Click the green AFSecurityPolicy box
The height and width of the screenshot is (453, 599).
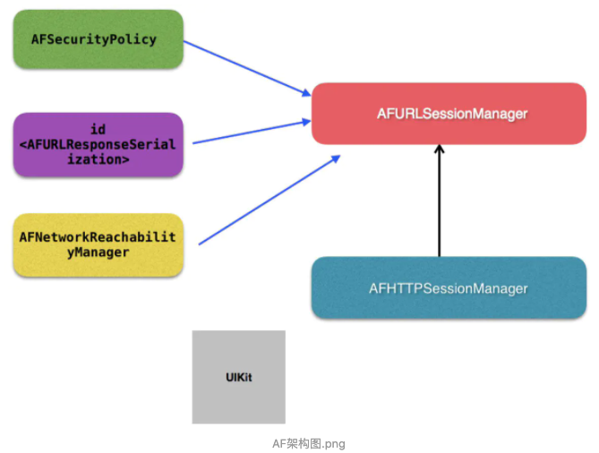click(98, 39)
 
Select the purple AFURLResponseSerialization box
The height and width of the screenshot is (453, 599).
click(98, 144)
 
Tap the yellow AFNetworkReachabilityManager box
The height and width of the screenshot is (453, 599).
click(98, 244)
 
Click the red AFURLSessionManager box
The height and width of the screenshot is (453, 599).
click(448, 114)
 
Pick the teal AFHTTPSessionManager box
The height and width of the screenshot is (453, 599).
click(448, 288)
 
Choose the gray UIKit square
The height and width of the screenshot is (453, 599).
click(238, 377)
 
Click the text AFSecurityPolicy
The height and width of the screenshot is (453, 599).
click(93, 39)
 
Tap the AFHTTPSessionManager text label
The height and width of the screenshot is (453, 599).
click(448, 288)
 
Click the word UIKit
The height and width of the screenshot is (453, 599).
click(238, 378)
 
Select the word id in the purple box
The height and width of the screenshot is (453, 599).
click(98, 130)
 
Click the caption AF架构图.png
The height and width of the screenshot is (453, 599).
click(308, 443)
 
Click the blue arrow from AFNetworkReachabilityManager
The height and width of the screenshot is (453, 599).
click(269, 200)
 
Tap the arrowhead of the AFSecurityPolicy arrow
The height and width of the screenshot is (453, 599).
click(304, 92)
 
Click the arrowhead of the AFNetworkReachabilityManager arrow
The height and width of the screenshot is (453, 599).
click(336, 159)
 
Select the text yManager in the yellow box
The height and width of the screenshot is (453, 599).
click(98, 252)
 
